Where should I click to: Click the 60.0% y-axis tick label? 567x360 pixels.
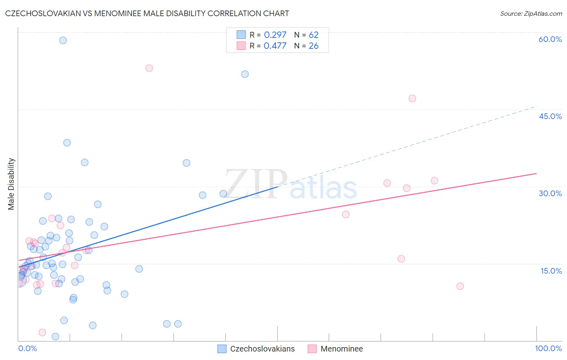[550, 39]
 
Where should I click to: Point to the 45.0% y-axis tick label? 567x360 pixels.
[550, 116]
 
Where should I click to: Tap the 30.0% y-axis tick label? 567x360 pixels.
[550, 193]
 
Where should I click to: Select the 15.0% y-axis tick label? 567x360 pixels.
[551, 271]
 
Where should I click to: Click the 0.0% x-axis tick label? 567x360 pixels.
[27, 348]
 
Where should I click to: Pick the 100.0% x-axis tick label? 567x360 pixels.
[548, 348]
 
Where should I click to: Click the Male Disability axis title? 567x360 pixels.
[11, 184]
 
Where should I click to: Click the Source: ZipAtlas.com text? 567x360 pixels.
[531, 13]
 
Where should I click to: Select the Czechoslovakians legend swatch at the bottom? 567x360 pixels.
[222, 349]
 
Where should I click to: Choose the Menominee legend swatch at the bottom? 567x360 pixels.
[312, 349]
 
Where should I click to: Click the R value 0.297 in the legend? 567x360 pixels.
[275, 35]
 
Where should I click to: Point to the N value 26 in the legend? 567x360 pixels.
[313, 46]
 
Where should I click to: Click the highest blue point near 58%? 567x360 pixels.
[63, 40]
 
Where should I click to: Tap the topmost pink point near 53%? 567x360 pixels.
[149, 68]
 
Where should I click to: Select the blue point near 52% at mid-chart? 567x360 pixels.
[245, 74]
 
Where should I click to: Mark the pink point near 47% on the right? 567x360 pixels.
[412, 98]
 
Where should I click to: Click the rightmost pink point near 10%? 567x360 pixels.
[460, 286]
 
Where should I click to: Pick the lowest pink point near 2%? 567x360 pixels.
[42, 333]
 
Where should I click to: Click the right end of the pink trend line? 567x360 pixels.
[536, 174]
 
